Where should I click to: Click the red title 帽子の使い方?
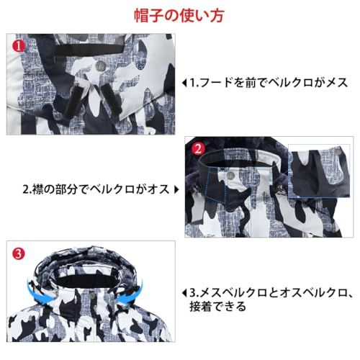[179, 14]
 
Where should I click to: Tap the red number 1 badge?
[19, 45]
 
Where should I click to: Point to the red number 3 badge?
[20, 253]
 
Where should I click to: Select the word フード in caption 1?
[215, 82]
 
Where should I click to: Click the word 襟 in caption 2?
[40, 189]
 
